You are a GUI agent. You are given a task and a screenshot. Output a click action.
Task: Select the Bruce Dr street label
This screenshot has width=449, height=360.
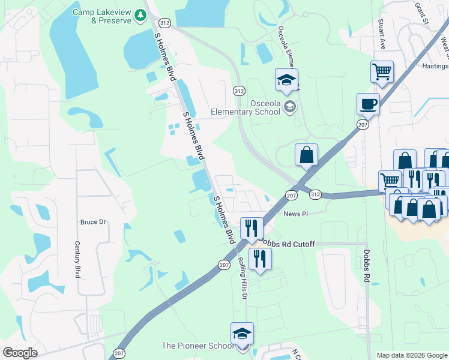pyautogui.click(x=93, y=222)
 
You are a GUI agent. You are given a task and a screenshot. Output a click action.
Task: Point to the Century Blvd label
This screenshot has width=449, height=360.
pyautogui.click(x=77, y=260)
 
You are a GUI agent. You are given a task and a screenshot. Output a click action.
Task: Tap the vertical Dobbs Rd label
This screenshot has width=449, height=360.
pyautogui.click(x=365, y=266)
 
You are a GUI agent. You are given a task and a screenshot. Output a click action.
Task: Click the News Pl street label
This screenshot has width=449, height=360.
pyautogui.click(x=296, y=214)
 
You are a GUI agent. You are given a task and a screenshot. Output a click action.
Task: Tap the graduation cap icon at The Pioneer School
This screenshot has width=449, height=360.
pyautogui.click(x=242, y=334)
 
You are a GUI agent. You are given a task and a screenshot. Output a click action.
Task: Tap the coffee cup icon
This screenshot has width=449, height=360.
pyautogui.click(x=368, y=104)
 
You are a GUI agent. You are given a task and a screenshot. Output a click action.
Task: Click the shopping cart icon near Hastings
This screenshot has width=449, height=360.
pyautogui.click(x=382, y=72)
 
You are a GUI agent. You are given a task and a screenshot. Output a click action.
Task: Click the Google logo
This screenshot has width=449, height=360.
pyautogui.click(x=20, y=353)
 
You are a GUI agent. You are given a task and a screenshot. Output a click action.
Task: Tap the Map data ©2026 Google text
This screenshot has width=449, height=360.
pyautogui.click(x=411, y=355)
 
